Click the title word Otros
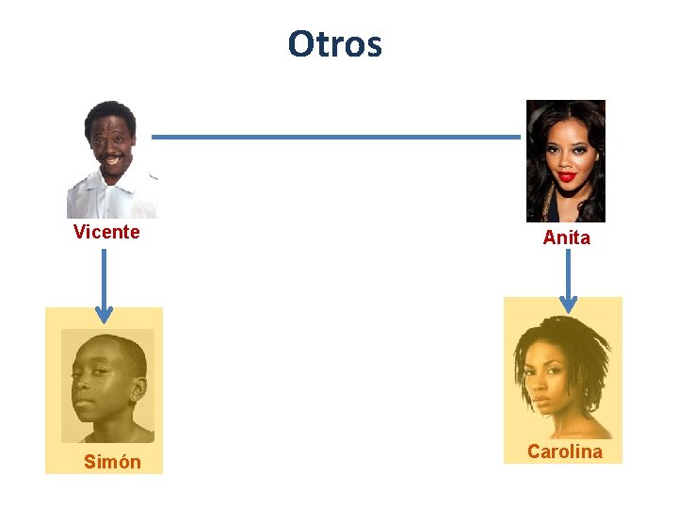tap(334, 44)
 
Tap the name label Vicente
tap(106, 232)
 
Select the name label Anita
tap(566, 238)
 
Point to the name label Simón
tap(112, 462)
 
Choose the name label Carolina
tap(564, 452)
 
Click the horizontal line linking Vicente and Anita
tap(336, 137)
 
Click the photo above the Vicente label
tap(111, 159)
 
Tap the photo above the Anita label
tap(565, 160)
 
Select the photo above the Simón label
tap(107, 386)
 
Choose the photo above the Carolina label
tap(563, 377)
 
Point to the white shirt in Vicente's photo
tap(111, 200)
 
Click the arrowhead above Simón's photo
tap(104, 314)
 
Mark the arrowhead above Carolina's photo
tap(567, 303)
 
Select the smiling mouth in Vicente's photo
tap(112, 159)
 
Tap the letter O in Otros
tap(301, 44)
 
